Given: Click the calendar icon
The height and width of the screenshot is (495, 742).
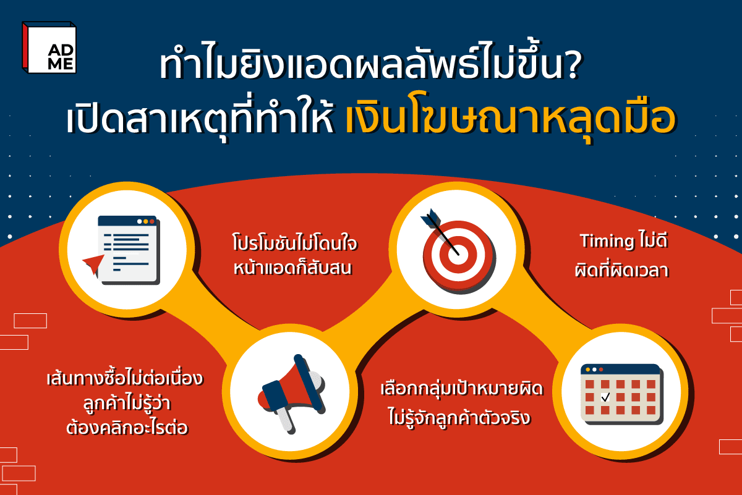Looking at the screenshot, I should (x=621, y=393).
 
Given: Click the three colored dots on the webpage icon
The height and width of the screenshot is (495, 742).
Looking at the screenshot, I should (x=143, y=221).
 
